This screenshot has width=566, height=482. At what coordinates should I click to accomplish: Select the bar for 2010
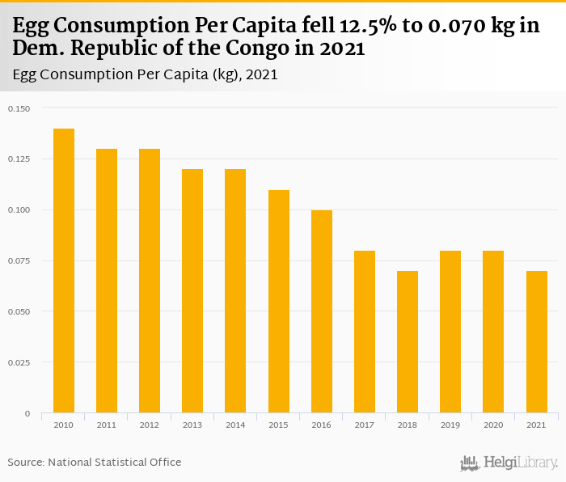point(64,271)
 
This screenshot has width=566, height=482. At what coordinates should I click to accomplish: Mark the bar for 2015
point(279,302)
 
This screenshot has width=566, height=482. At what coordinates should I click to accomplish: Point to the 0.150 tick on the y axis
point(18,108)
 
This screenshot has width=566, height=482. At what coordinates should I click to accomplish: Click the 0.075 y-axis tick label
point(18,260)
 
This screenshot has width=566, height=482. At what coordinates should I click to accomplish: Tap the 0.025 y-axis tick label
point(18,362)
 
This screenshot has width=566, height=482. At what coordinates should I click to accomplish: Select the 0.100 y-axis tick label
point(18,210)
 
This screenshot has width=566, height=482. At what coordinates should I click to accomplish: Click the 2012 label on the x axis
point(150,425)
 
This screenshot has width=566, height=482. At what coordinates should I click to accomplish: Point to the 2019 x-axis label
point(450,425)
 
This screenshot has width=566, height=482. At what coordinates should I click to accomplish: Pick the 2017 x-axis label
point(365,425)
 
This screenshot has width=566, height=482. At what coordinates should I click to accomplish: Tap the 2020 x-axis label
point(493,425)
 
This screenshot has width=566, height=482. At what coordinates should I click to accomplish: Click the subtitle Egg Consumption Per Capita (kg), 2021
point(146,74)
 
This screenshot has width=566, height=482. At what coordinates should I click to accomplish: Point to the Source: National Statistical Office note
point(95,462)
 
